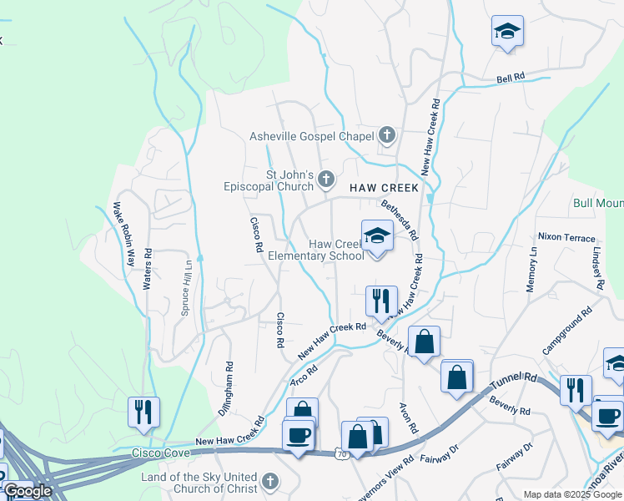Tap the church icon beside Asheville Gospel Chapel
(386, 134)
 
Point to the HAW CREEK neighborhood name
(384, 189)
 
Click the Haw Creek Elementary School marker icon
(377, 236)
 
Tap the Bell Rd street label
(511, 77)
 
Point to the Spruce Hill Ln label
(186, 287)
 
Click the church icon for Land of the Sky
(269, 481)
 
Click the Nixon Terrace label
(566, 237)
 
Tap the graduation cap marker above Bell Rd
(507, 32)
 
